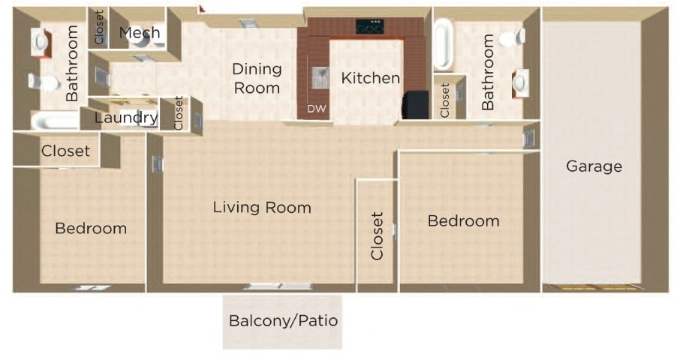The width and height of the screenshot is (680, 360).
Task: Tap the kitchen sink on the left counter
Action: click(x=320, y=75)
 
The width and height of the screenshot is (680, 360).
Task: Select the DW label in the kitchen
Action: click(x=317, y=109)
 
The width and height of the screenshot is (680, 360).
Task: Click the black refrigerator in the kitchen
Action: click(x=416, y=105)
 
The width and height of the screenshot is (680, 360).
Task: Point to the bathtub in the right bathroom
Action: click(x=444, y=43)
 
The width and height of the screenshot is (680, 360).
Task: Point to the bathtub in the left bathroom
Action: click(x=54, y=121)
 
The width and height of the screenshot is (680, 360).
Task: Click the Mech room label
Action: click(x=140, y=33)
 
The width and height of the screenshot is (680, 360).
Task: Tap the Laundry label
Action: click(x=125, y=118)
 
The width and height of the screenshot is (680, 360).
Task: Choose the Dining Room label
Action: click(x=257, y=78)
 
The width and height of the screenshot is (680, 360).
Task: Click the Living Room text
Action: click(x=261, y=208)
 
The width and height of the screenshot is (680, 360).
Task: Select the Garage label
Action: click(x=594, y=166)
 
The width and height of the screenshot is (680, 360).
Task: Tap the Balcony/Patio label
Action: click(x=283, y=321)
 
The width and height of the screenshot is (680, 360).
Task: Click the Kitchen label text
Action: click(x=370, y=78)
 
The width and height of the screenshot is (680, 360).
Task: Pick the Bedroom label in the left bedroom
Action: click(x=91, y=228)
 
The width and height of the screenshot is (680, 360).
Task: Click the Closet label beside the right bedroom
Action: click(x=378, y=235)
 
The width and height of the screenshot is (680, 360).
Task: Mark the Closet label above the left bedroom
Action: click(x=65, y=151)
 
